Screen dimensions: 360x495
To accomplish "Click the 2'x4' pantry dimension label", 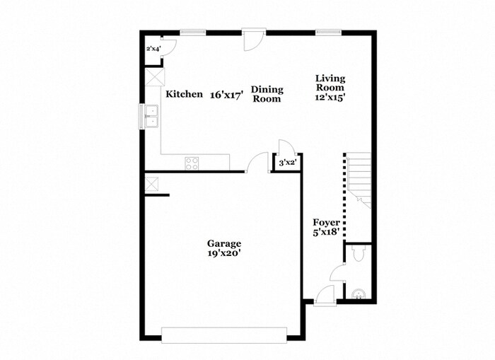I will pyautogui.click(x=153, y=49).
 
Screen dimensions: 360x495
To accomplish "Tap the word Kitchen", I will pyautogui.click(x=184, y=94).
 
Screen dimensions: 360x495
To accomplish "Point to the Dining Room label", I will pyautogui.click(x=268, y=94).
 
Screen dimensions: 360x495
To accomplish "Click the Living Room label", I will pyautogui.click(x=330, y=83).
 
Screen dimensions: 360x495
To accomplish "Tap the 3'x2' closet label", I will pyautogui.click(x=286, y=163).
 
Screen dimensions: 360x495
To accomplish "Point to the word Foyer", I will pyautogui.click(x=327, y=221).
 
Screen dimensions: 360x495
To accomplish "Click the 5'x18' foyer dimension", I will pyautogui.click(x=327, y=231).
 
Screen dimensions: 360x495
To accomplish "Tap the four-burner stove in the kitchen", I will pyautogui.click(x=192, y=163).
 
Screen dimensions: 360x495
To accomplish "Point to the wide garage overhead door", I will pyautogui.click(x=224, y=335).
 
